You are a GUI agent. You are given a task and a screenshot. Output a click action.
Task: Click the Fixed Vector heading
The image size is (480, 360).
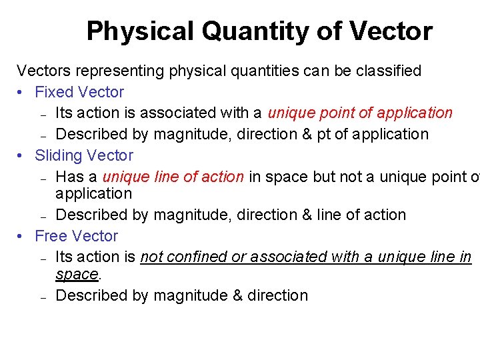click(x=79, y=92)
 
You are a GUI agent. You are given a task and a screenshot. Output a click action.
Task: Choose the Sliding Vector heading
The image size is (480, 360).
click(x=83, y=155)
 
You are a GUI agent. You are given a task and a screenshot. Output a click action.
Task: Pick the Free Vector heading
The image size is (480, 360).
click(x=76, y=236)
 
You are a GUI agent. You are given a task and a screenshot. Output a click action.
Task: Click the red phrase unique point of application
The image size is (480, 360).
click(x=360, y=113)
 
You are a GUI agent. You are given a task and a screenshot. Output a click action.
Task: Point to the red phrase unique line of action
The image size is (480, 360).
click(x=173, y=177)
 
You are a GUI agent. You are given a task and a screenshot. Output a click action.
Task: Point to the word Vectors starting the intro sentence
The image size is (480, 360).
click(x=41, y=71)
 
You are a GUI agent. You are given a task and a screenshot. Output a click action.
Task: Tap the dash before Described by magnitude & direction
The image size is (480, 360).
click(x=42, y=297)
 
